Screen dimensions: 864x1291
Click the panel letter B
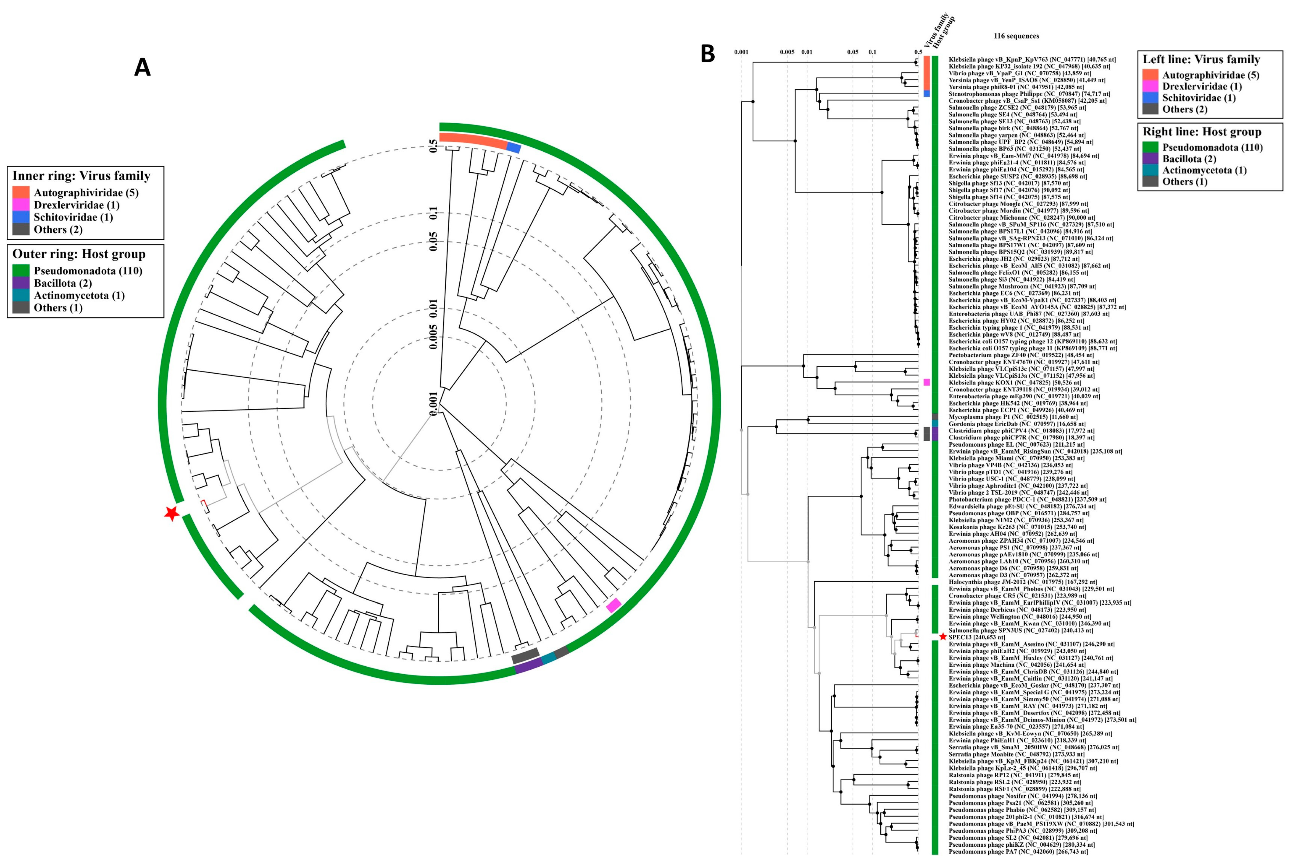[707, 54]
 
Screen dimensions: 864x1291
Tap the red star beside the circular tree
[172, 513]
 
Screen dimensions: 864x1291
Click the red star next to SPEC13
[943, 637]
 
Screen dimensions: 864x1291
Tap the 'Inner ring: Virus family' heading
[81, 176]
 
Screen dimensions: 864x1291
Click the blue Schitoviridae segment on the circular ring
[514, 148]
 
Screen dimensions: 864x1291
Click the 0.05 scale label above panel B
[852, 52]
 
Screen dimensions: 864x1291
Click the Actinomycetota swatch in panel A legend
[21, 295]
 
